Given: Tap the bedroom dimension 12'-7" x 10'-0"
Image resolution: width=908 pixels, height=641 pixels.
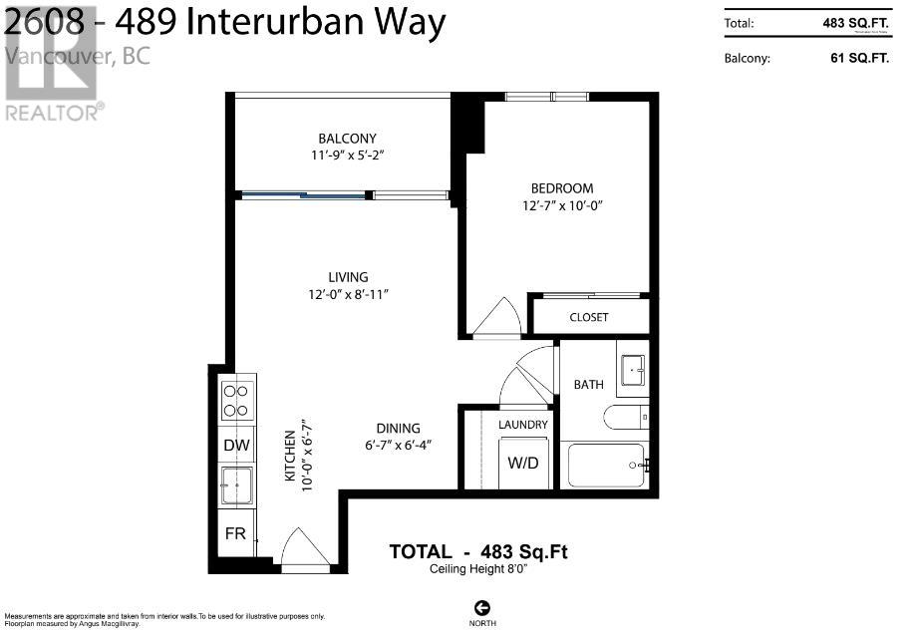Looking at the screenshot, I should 562,205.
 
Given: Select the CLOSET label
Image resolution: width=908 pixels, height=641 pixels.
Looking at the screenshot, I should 589,317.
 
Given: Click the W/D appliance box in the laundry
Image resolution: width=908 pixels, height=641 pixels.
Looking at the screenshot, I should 523,462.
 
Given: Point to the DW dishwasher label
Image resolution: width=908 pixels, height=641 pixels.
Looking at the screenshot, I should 235,446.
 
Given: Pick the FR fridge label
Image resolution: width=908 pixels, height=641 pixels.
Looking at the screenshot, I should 235,533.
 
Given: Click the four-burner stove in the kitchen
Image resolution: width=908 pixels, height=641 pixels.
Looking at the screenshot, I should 236,400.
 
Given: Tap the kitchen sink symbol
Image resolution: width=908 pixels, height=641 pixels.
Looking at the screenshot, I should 236,487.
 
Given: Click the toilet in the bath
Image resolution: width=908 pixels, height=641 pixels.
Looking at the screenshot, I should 627,418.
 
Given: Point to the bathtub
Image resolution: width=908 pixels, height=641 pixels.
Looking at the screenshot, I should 606,466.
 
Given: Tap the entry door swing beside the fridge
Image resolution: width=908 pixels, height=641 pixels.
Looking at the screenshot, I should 305,549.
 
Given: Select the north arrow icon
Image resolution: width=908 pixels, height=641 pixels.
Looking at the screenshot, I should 482,607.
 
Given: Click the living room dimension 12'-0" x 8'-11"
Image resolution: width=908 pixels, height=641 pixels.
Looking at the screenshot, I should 348,294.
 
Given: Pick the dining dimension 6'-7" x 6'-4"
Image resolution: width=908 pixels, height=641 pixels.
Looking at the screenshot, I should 397,445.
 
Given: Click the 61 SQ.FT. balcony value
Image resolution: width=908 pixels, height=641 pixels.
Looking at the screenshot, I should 858,58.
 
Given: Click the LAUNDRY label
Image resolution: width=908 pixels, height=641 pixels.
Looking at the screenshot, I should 523,425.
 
